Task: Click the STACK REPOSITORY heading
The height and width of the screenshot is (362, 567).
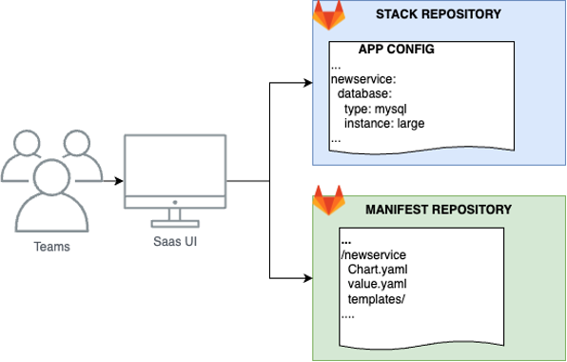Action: (x=437, y=16)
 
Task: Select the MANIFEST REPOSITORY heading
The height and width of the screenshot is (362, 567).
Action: (x=439, y=209)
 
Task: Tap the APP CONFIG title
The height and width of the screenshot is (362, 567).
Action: (x=396, y=50)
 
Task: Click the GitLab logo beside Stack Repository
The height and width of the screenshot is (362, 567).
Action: (x=330, y=16)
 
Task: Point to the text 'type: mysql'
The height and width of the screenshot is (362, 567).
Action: (x=376, y=109)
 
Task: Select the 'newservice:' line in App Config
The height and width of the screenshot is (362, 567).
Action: (x=361, y=81)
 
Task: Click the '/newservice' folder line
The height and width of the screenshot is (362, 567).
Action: (x=373, y=255)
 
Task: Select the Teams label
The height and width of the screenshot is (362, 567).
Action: (x=51, y=247)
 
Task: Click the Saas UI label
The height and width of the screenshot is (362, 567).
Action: (x=175, y=241)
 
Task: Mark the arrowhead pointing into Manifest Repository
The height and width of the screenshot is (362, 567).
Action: (x=306, y=278)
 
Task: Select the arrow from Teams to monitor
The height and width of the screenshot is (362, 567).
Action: (x=111, y=180)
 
